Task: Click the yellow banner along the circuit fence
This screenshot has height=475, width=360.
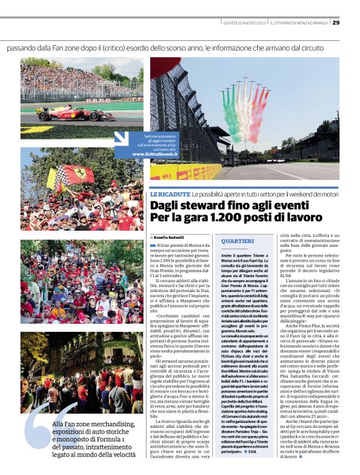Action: (x=186, y=172)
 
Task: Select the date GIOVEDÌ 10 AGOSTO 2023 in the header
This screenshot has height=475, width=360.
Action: (x=244, y=23)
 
